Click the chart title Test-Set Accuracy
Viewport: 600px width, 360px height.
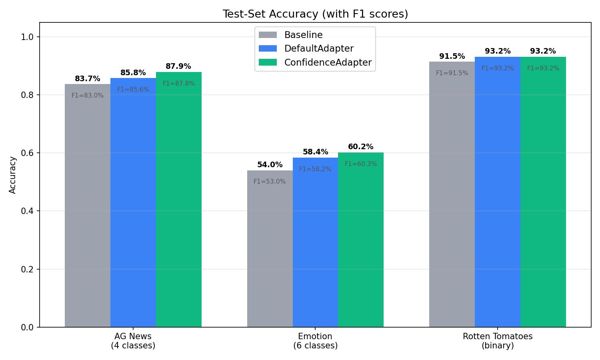point(315,14)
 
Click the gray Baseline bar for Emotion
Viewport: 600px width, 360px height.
point(270,248)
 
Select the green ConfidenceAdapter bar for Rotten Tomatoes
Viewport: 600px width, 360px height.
point(543,192)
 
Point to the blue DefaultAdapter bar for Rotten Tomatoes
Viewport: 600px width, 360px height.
point(498,192)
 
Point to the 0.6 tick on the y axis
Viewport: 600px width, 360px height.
point(28,153)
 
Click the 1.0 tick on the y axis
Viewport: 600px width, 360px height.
point(28,37)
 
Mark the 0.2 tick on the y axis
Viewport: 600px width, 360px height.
point(28,269)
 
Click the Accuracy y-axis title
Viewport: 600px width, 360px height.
point(13,175)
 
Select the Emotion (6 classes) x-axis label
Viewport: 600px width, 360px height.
point(315,341)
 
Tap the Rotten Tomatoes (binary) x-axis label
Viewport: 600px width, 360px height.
point(498,341)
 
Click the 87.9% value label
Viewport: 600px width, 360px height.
point(178,66)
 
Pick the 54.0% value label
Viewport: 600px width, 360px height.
point(270,165)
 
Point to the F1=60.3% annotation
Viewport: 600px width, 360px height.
point(361,164)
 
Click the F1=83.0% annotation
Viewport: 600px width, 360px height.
point(88,96)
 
